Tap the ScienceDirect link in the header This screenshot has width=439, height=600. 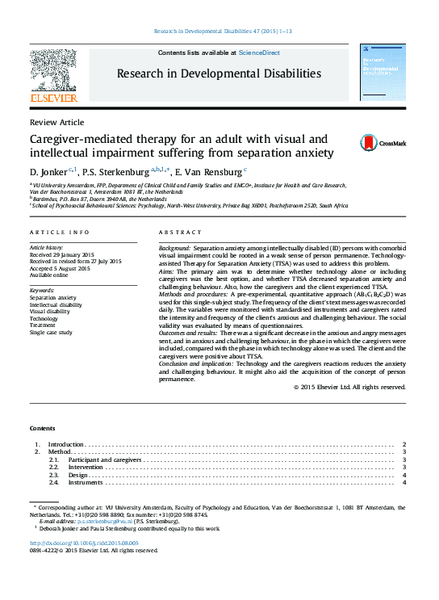(x=261, y=52)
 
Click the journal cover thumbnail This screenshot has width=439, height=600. (x=383, y=74)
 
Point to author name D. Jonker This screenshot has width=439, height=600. (x=48, y=171)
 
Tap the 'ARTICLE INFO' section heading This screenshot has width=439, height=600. (x=61, y=232)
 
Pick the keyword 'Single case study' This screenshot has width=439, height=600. (x=51, y=332)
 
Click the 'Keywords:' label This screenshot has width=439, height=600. (x=42, y=290)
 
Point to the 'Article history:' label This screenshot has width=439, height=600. (x=46, y=246)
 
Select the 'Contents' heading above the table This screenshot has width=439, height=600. (x=43, y=427)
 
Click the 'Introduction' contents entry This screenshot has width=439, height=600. (x=65, y=445)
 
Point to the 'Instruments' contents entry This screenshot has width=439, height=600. (x=86, y=483)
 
